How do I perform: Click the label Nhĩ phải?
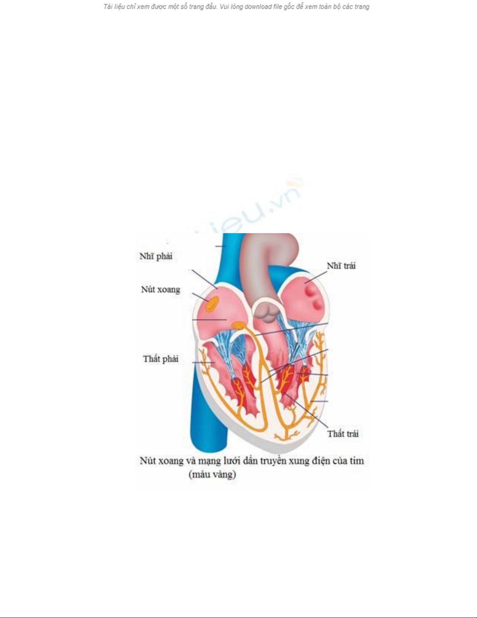(x=156, y=256)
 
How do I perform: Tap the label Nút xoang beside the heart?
(x=160, y=289)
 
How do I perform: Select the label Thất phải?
(x=160, y=359)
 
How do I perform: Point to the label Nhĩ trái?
(x=341, y=266)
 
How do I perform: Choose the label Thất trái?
(x=343, y=434)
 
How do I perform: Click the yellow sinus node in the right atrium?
(x=212, y=303)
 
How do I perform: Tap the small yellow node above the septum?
(x=238, y=324)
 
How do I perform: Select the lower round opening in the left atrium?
(x=318, y=304)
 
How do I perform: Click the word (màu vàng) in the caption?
(x=212, y=475)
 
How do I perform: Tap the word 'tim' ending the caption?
(x=356, y=460)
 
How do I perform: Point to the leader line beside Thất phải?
(x=202, y=363)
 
